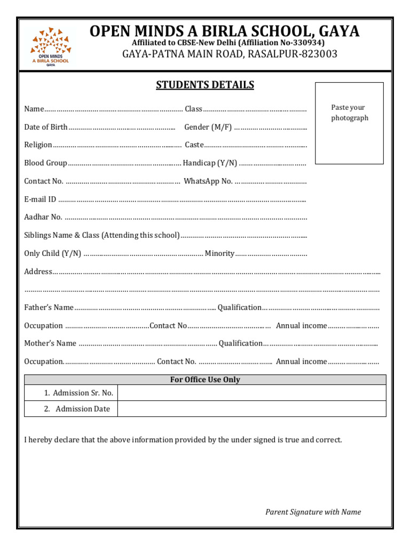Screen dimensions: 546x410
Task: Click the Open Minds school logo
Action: pos(50,46)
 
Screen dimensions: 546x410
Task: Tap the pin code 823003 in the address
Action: pos(318,54)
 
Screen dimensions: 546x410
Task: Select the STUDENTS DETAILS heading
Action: pos(205,85)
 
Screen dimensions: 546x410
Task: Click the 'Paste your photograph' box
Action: pos(349,123)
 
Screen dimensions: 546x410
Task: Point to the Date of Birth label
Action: pos(46,127)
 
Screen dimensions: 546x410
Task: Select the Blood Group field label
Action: pos(46,163)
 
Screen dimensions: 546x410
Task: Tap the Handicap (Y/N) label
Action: pos(210,163)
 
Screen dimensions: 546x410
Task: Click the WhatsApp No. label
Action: pos(208,181)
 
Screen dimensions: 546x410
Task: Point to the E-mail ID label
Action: pos(40,199)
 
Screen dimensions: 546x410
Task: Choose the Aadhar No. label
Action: pos(43,217)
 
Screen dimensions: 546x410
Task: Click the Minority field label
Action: pos(219,253)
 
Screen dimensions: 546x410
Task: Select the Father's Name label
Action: pos(49,308)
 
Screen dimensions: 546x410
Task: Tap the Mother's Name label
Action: pos(50,343)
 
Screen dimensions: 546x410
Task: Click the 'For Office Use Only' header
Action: pos(205,380)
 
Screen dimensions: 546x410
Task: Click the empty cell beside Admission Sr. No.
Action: pos(251,393)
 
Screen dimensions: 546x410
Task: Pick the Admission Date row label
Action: pos(82,409)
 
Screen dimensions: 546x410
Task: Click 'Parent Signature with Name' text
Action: pos(313,512)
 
